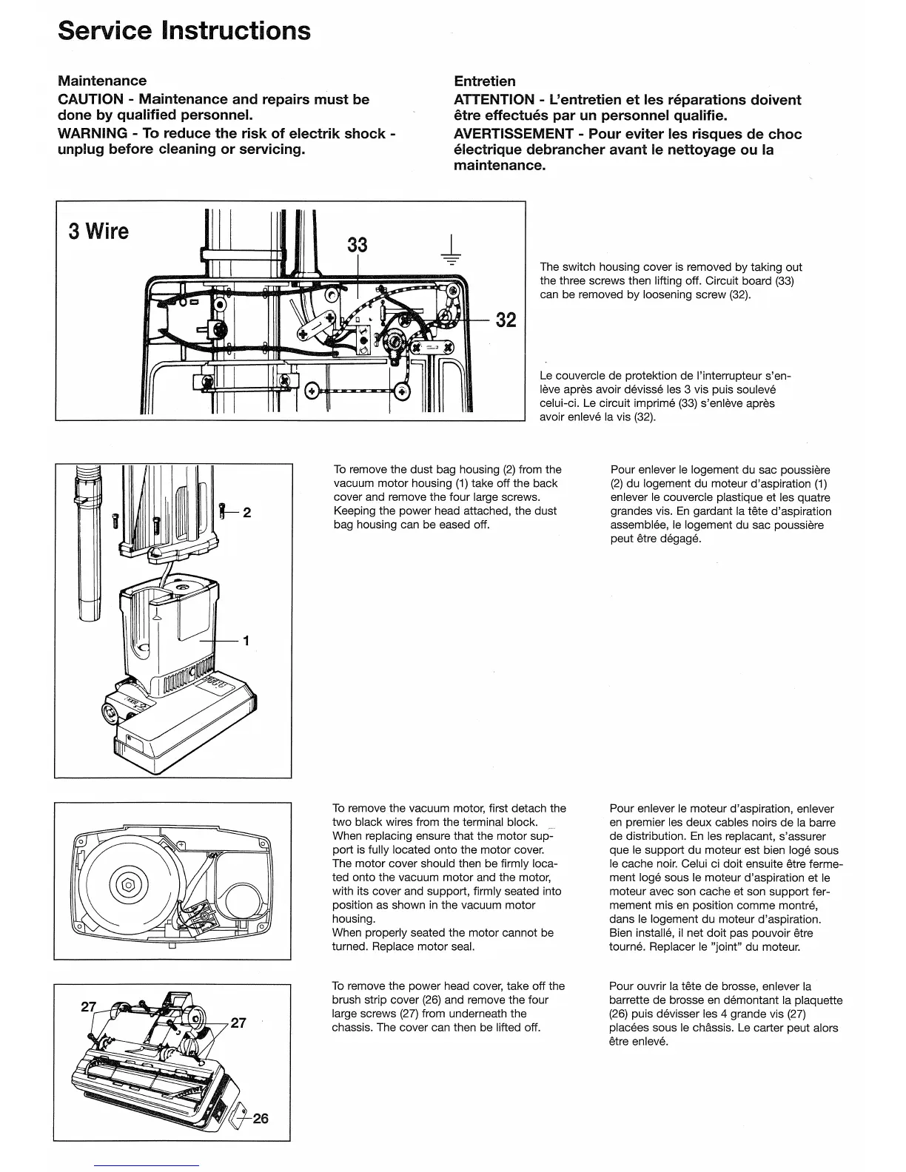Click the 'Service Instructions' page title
184,30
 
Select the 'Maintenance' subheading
102,81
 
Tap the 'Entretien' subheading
484,81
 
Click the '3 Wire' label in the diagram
98,232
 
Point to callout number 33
358,244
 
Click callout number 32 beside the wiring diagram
506,320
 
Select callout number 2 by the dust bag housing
247,512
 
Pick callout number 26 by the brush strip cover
260,1118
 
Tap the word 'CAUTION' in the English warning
90,99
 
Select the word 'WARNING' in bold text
92,133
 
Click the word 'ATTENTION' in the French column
493,100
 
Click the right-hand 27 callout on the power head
238,1023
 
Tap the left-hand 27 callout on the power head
88,1006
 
